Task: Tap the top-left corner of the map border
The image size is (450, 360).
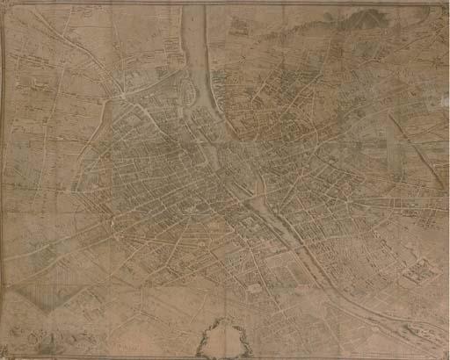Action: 4,4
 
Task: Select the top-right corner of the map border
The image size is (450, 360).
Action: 446,4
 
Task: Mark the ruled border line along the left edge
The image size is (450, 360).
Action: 4,176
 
